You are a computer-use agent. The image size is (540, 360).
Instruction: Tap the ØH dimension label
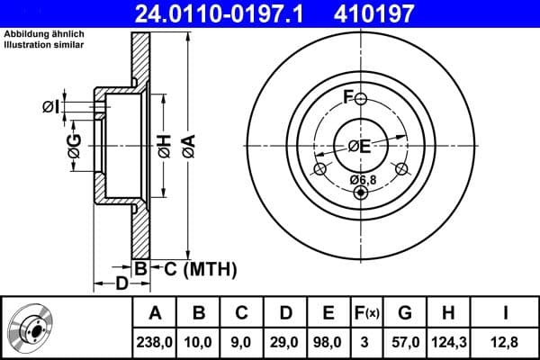click(x=164, y=144)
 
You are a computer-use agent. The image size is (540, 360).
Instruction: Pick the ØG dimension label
click(x=74, y=144)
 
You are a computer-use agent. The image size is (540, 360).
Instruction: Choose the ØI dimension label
click(x=51, y=107)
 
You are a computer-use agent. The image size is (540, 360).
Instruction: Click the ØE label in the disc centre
click(x=360, y=145)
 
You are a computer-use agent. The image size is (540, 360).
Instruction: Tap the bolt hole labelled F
click(x=360, y=98)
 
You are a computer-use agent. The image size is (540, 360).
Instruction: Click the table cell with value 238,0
click(x=155, y=341)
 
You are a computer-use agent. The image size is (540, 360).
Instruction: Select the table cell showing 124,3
click(x=447, y=341)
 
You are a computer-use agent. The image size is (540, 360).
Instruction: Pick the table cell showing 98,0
click(x=328, y=341)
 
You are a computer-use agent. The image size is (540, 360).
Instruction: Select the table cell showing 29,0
click(x=284, y=341)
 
